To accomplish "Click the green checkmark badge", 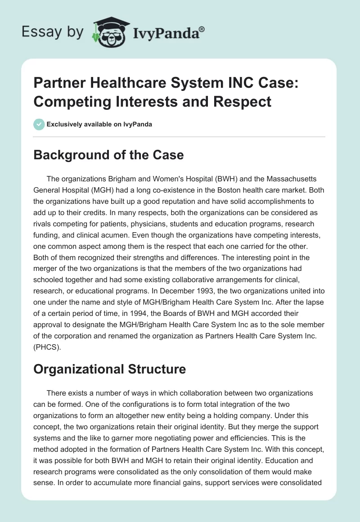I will point(39,124).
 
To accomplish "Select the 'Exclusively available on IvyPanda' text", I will point(99,124).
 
